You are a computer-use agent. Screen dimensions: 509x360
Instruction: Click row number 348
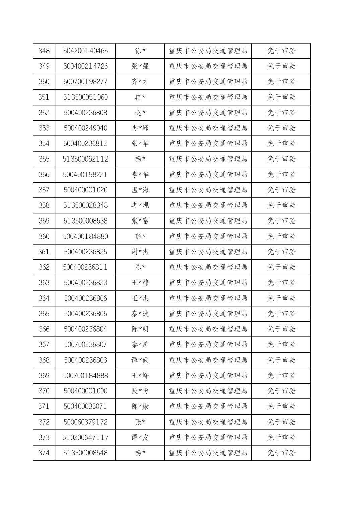[x=44, y=51]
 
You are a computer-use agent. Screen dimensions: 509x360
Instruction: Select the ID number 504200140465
[x=85, y=51]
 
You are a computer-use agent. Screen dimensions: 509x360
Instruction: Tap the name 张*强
[x=140, y=66]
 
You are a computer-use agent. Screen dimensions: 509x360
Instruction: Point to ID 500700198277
[x=85, y=82]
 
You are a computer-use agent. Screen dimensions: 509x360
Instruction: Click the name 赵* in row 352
[x=140, y=113]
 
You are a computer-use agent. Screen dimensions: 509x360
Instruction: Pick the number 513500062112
[x=85, y=159]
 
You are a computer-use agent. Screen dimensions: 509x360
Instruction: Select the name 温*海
[x=140, y=190]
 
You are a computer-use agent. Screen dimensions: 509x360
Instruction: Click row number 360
[x=44, y=236]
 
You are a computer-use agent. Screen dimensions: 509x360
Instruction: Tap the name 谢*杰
[x=140, y=252]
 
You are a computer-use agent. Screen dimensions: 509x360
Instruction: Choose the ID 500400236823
[x=85, y=283]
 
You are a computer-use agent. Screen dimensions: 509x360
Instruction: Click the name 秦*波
[x=140, y=314]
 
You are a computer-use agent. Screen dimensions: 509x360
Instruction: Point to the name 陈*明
[x=140, y=329]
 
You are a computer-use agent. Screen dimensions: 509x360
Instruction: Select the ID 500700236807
[x=85, y=344]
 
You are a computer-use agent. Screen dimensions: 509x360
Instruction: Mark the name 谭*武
[x=140, y=360]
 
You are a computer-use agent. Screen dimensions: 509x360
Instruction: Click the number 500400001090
[x=85, y=391]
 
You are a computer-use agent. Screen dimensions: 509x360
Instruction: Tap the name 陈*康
[x=140, y=406]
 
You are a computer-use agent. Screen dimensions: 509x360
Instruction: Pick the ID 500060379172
[x=85, y=422]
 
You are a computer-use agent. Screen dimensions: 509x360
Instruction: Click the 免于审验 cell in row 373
[x=281, y=437]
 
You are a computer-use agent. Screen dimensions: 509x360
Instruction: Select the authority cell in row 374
[x=208, y=453]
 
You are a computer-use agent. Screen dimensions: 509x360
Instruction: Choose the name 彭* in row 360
[x=140, y=236]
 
